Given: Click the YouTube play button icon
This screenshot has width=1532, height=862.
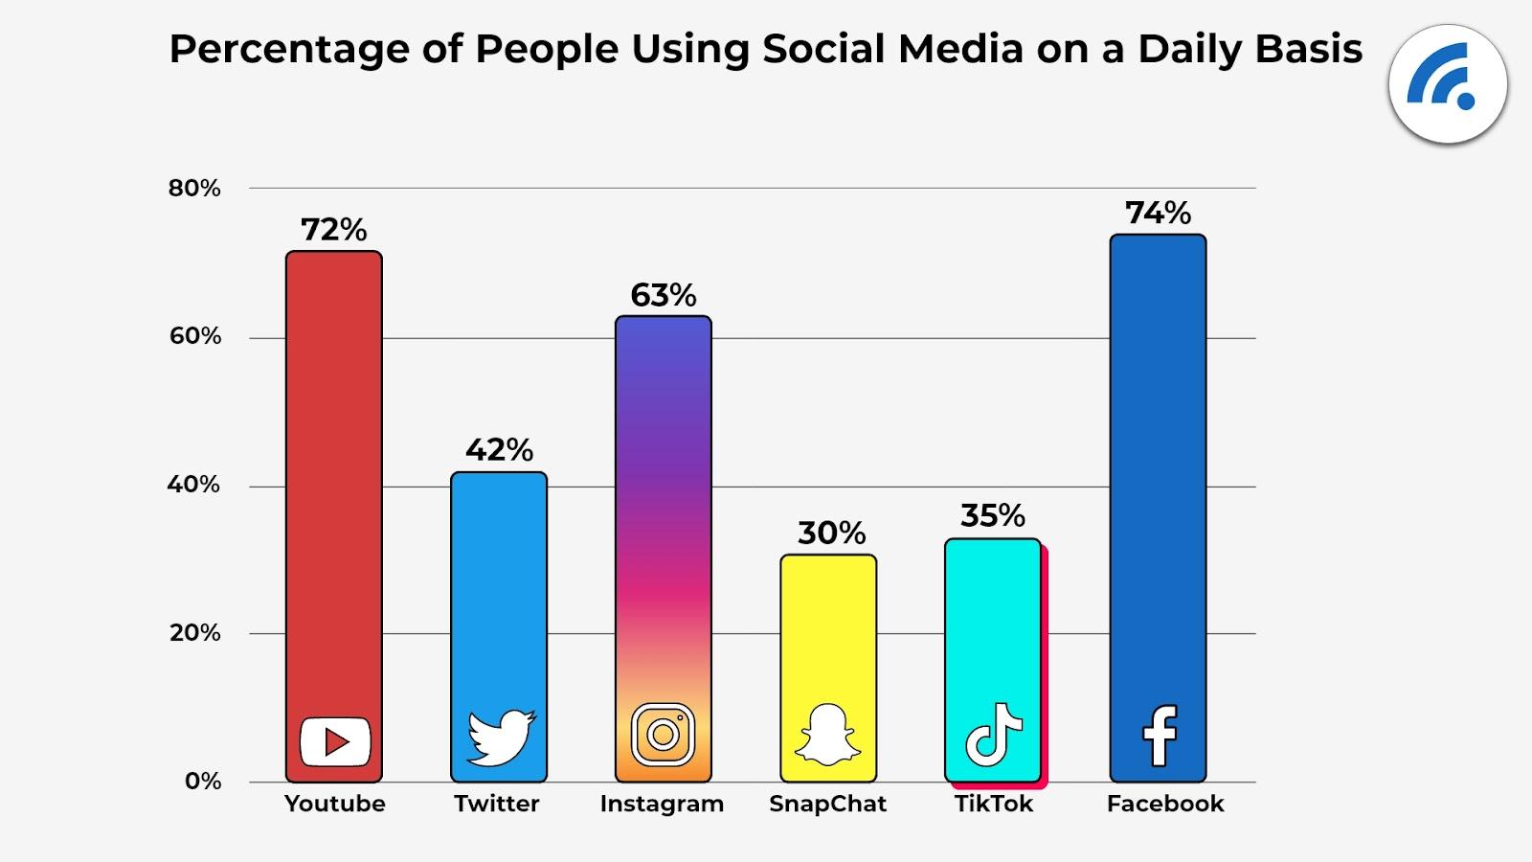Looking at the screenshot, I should [335, 741].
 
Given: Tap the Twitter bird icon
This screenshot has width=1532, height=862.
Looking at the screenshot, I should [501, 737].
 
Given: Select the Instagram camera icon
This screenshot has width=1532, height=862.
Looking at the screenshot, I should [663, 735].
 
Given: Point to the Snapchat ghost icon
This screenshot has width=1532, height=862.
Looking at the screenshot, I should [828, 736].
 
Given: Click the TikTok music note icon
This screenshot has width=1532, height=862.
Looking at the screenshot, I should [993, 735].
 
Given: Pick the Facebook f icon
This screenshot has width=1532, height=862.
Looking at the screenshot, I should [1160, 736].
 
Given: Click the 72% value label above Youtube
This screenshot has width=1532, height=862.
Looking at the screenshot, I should [334, 230].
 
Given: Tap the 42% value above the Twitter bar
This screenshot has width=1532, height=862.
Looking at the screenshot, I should [499, 450].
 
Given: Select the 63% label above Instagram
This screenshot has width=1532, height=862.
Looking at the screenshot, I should [664, 295].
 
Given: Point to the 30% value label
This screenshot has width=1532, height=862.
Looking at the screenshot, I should [831, 533].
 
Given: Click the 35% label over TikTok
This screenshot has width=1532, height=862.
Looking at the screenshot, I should [993, 516].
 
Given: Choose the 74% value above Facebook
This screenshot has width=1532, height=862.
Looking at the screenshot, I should [1158, 213].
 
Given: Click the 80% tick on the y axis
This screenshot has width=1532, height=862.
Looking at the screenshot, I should [194, 189].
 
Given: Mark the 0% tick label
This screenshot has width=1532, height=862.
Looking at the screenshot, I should [203, 782].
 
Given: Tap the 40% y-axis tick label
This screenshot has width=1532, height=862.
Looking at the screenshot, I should [193, 485].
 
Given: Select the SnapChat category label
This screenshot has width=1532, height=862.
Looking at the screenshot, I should [828, 804].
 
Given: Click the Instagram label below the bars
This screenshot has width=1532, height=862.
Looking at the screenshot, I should [662, 804].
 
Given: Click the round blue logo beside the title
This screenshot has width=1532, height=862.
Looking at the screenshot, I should [1448, 84].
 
